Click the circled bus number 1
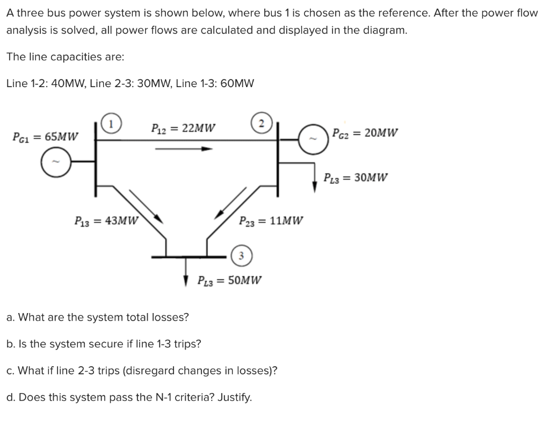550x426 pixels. (111, 123)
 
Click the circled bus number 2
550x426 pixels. (260, 122)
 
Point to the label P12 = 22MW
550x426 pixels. (184, 129)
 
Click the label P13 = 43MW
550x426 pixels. (106, 220)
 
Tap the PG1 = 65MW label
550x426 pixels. (46, 136)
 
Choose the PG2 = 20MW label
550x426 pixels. (365, 133)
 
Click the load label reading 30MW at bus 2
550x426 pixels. (355, 177)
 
